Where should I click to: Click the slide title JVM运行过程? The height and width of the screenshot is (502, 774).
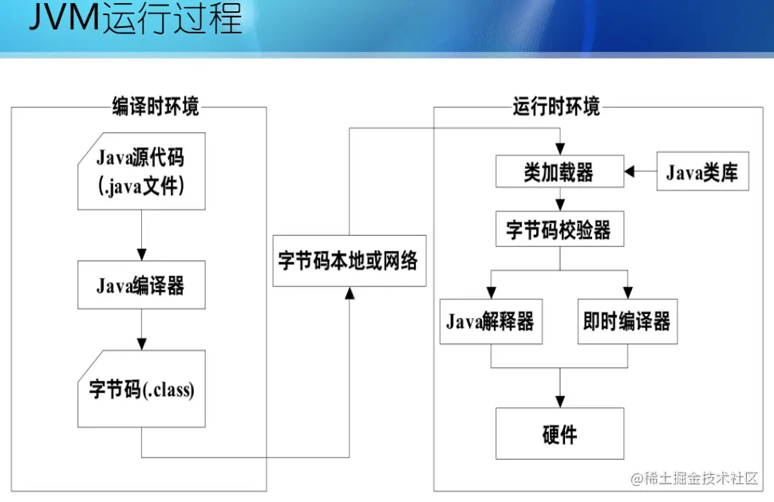(135, 19)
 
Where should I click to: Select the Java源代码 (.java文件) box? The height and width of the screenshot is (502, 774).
(140, 171)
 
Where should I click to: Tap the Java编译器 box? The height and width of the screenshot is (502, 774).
(140, 285)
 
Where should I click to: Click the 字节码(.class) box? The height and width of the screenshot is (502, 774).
(140, 390)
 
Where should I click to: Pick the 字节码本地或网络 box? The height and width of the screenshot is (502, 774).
(349, 261)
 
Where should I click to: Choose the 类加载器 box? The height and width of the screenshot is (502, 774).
(559, 172)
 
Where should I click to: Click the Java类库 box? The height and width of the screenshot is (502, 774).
(702, 172)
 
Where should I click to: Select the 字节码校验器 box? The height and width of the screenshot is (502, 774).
(559, 230)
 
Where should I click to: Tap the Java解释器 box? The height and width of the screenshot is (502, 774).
(490, 322)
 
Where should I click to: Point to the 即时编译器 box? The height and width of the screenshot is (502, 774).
(626, 322)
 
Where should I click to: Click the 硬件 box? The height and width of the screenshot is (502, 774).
(559, 433)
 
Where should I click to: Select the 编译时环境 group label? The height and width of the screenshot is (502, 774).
(156, 107)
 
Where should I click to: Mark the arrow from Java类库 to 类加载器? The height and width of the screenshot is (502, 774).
(640, 172)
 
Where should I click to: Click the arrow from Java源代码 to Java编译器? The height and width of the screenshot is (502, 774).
(140, 236)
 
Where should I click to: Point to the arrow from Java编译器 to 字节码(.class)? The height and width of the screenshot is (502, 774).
(140, 329)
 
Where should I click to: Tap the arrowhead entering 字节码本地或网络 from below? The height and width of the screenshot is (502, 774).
(349, 292)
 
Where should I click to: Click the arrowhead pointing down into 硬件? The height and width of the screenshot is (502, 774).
(559, 402)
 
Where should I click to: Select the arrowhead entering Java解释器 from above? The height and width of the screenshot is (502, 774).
(490, 293)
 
